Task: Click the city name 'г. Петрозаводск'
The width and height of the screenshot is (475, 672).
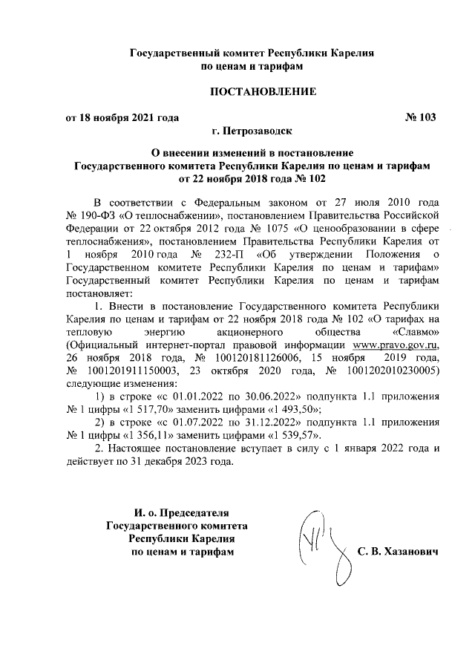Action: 252,131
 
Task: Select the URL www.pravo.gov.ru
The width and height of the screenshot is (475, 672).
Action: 396,345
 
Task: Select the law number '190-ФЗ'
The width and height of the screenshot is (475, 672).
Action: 96,214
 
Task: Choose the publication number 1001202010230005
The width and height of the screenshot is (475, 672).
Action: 393,371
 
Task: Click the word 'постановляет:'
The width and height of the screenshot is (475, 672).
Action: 99,293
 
